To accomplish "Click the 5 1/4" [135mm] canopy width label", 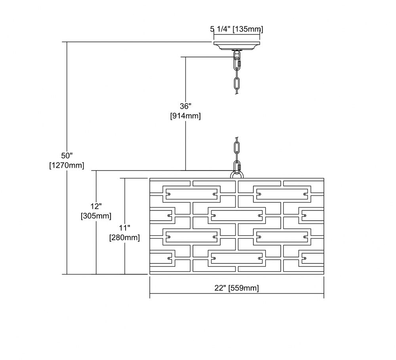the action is [237, 29].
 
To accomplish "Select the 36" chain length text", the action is [186, 106].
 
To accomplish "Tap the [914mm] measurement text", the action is [186, 116].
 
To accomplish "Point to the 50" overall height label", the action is [67, 155].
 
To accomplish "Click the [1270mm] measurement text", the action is [67, 165].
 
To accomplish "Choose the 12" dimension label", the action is [96, 206].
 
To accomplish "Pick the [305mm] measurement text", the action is [96, 216].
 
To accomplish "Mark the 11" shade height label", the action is [125, 228].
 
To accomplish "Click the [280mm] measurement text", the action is [125, 238].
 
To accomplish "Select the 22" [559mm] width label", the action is [237, 288].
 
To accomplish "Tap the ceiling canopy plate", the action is [237, 45].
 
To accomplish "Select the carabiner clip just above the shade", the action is [237, 166].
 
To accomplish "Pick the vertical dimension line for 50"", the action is [67, 158].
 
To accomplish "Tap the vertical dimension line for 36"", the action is [186, 114].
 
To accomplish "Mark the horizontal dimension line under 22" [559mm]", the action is [237, 294].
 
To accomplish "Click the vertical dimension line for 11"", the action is [125, 226].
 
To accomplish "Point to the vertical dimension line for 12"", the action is [96, 222].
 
